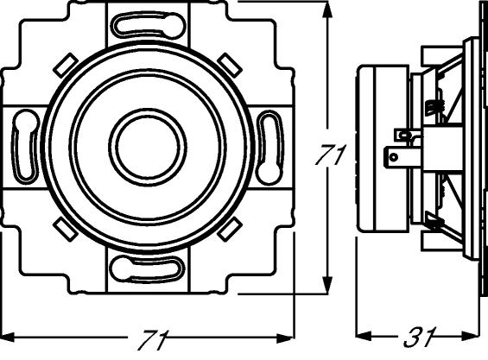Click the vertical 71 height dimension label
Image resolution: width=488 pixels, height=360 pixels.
pyautogui.click(x=330, y=155)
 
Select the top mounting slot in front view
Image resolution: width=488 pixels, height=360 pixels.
pyautogui.click(x=149, y=25)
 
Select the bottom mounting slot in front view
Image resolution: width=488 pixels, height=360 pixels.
pyautogui.click(x=148, y=269)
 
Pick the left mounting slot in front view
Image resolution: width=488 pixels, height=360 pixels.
pyautogui.click(x=25, y=145)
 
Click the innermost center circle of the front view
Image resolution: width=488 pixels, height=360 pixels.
pyautogui.click(x=148, y=147)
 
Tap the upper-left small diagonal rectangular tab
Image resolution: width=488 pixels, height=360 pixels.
pyautogui.click(x=66, y=65)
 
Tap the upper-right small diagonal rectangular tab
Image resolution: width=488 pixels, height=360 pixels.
pyautogui.click(x=230, y=66)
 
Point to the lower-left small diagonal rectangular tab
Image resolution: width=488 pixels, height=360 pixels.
pyautogui.click(x=66, y=229)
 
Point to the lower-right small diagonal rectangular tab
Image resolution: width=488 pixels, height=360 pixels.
pyautogui.click(x=230, y=229)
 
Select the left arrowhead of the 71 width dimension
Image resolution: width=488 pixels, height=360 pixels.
pyautogui.click(x=8, y=337)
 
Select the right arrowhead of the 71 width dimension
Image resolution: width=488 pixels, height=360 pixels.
pyautogui.click(x=286, y=338)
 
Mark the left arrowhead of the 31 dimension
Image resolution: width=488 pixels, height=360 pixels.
pyautogui.click(x=364, y=336)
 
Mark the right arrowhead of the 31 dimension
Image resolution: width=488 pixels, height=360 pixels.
pyautogui.click(x=471, y=336)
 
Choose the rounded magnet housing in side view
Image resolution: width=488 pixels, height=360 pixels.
pyautogui.click(x=382, y=148)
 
